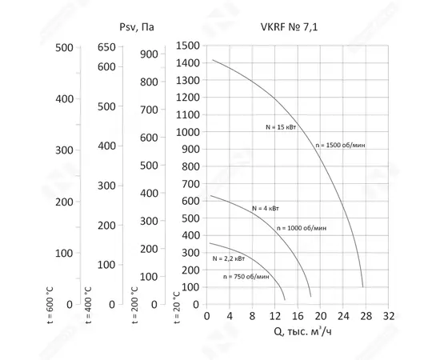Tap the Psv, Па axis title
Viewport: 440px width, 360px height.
coord(137,27)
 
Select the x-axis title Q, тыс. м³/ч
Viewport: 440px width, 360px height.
coord(298,331)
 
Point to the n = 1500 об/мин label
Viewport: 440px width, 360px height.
coord(339,146)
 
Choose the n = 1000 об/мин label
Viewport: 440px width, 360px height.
coord(302,228)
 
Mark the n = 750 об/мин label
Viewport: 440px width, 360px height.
coord(246,276)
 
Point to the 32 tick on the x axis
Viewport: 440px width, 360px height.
coord(390,316)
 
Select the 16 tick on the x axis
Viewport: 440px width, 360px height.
coord(298,316)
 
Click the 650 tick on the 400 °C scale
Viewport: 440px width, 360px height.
coord(107,47)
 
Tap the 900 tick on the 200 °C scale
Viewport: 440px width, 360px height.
coord(150,54)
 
